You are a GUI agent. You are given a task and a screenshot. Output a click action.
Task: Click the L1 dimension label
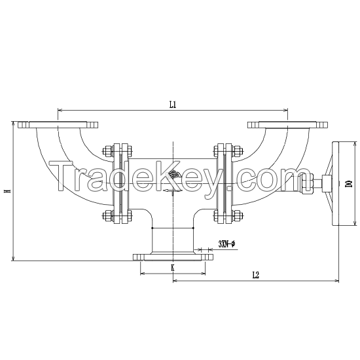tap(172, 103)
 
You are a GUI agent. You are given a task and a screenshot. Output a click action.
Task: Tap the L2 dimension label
tap(255, 276)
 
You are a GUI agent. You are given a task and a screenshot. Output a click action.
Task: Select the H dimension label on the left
tap(7, 191)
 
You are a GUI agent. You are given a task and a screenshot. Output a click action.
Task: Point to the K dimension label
tap(172, 268)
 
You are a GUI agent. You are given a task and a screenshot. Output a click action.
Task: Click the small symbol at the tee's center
tap(173, 175)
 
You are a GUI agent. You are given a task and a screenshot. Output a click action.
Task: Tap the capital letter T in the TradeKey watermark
tap(62, 175)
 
